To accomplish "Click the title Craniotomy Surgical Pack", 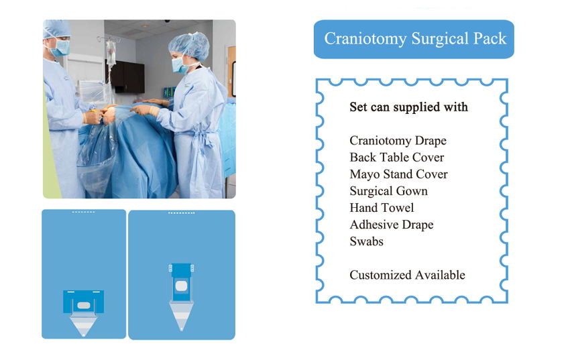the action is click(x=415, y=39).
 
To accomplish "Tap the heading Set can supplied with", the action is click(x=408, y=107).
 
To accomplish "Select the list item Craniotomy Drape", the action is click(x=398, y=140).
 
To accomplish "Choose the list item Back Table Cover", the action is click(x=397, y=158).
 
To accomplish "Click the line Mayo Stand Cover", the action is click(x=398, y=174).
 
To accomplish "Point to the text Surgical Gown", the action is click(x=388, y=191).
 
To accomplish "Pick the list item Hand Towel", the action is click(x=382, y=208).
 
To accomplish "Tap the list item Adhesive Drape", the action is click(x=391, y=225).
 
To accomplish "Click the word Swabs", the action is click(x=366, y=241).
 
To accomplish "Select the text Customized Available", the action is click(x=407, y=275).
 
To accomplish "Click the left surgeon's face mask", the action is click(x=60, y=48).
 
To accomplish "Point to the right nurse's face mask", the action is click(x=180, y=66).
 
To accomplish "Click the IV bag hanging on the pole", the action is click(x=111, y=52).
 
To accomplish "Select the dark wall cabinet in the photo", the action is click(x=126, y=76).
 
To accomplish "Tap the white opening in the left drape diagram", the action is click(x=84, y=306).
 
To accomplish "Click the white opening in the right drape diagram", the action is click(x=181, y=287).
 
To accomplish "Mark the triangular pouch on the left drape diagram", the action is click(x=83, y=324).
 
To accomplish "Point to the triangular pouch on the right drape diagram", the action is click(x=181, y=316).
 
